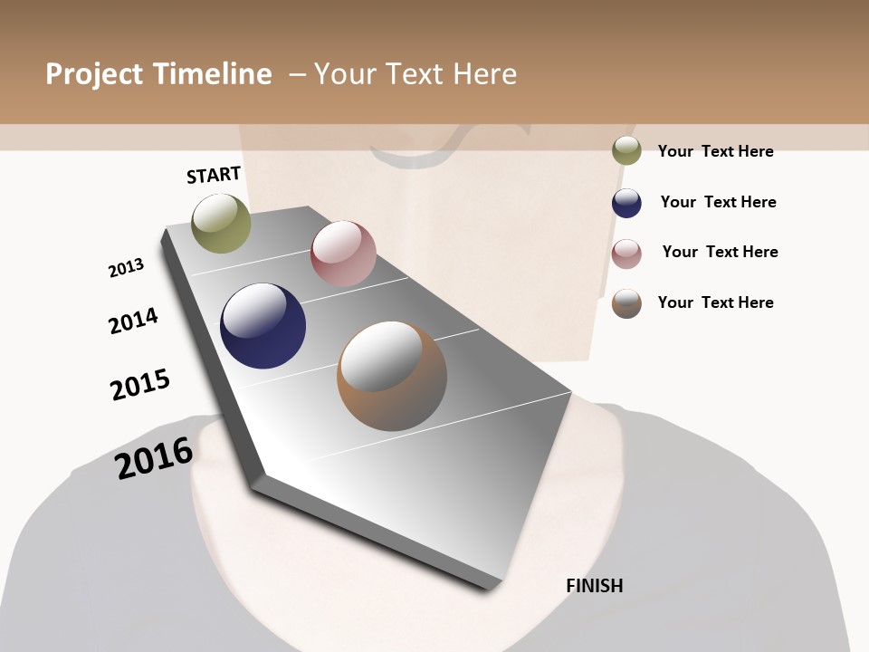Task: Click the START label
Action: pyautogui.click(x=214, y=175)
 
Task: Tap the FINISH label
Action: pyautogui.click(x=594, y=586)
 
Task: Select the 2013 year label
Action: pyautogui.click(x=126, y=268)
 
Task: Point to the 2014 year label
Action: pyautogui.click(x=133, y=321)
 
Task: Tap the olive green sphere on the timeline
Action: pyautogui.click(x=221, y=223)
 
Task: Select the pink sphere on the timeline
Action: pyautogui.click(x=343, y=254)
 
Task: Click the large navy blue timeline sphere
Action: pyautogui.click(x=263, y=326)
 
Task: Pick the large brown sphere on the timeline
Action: pyautogui.click(x=392, y=376)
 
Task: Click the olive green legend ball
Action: pyautogui.click(x=626, y=150)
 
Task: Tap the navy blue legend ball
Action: pyautogui.click(x=626, y=203)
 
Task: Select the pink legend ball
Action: pyautogui.click(x=626, y=254)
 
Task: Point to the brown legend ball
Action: pyautogui.click(x=626, y=303)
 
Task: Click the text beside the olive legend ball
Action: pyautogui.click(x=715, y=151)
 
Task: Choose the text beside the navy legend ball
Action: pyautogui.click(x=718, y=202)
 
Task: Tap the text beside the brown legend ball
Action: pyautogui.click(x=715, y=302)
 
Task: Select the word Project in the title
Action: pyautogui.click(x=93, y=74)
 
